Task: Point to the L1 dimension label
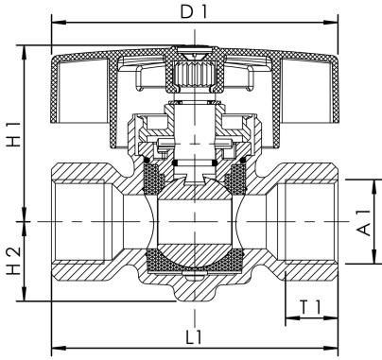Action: pyautogui.click(x=194, y=335)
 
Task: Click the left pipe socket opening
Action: pyautogui.click(x=80, y=223)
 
